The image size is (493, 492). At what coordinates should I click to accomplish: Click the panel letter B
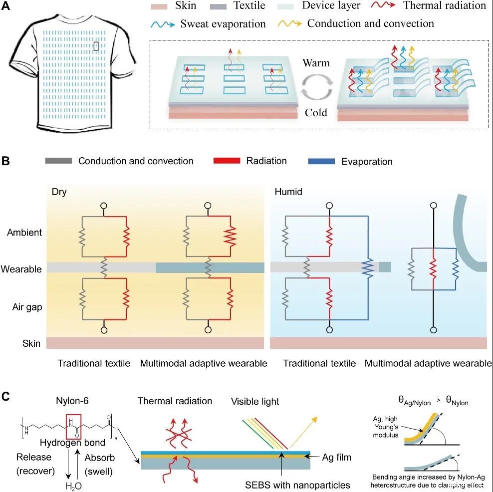7,161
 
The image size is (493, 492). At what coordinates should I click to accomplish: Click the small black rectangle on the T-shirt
96,47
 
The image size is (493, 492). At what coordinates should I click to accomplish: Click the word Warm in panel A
316,63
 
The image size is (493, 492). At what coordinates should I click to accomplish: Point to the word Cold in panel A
316,113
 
